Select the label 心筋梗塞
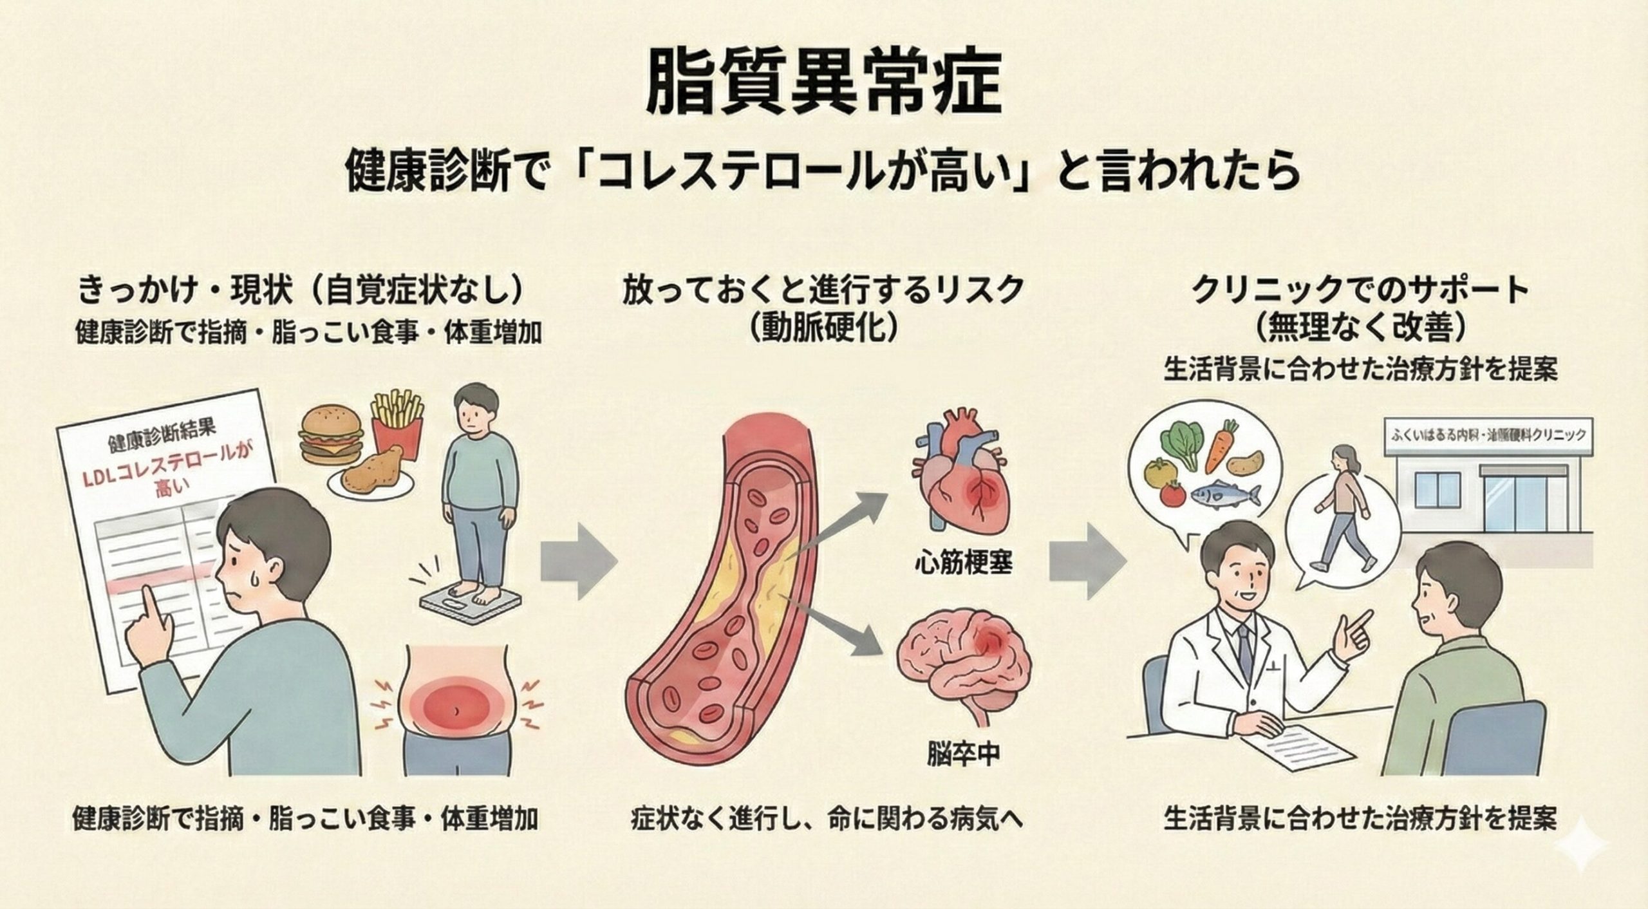[x=964, y=562]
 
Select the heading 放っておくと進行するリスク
[x=823, y=291]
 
